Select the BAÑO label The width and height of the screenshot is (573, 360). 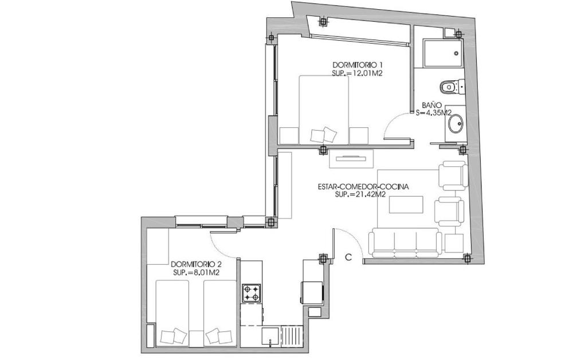pos(429,105)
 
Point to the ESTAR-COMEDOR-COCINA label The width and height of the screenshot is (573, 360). pos(363,187)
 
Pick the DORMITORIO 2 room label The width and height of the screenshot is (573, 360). pos(197,264)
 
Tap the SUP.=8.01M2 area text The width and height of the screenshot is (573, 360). pos(196,272)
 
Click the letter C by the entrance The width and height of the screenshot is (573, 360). pos(348,257)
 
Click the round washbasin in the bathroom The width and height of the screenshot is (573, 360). pos(456,123)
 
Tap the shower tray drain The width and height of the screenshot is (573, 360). pos(457,53)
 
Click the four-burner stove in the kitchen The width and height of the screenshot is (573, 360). pos(251,293)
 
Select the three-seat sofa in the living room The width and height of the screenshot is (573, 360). pos(404,242)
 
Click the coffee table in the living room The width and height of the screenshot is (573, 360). pos(406,205)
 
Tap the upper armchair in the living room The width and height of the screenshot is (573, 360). pos(453,175)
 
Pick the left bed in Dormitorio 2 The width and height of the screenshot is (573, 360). pos(172,313)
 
